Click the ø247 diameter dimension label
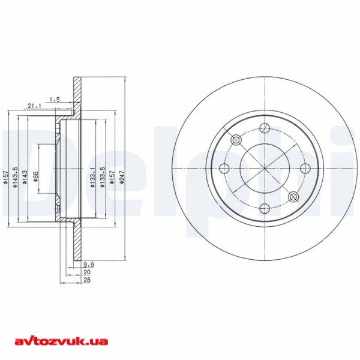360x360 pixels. (x=122, y=179)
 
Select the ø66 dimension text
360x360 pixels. (x=36, y=177)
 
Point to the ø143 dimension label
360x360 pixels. (x=25, y=178)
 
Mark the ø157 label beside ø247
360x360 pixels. (x=112, y=178)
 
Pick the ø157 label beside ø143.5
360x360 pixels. (x=5, y=177)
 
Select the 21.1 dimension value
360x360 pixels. (x=34, y=106)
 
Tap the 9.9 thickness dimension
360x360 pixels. (x=88, y=264)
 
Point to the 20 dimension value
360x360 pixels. (x=86, y=272)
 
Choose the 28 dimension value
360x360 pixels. (x=86, y=280)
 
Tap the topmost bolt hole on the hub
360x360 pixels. (x=265, y=127)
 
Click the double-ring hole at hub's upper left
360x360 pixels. (x=236, y=140)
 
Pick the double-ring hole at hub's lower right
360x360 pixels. (x=293, y=197)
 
